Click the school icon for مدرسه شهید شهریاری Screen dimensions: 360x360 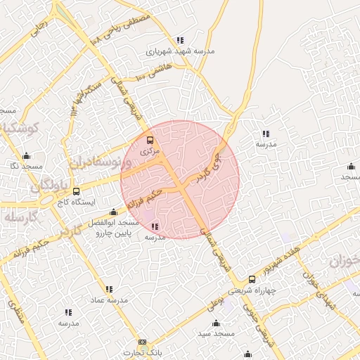click(180, 41)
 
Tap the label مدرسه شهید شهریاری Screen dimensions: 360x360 click(180, 52)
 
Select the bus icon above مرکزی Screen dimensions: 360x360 click(149, 140)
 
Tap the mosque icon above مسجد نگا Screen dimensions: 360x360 click(27, 156)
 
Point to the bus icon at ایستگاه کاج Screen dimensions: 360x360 click(76, 191)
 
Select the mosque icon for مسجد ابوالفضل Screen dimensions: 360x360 click(113, 212)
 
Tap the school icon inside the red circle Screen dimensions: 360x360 click(155, 226)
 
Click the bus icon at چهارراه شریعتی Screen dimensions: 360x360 click(252, 279)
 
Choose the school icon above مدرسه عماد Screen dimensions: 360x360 click(109, 289)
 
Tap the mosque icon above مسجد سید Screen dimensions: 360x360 click(216, 323)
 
